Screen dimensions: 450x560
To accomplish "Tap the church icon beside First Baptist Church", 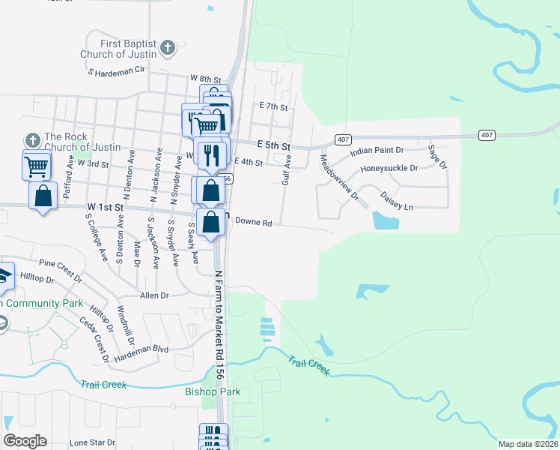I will [168, 49].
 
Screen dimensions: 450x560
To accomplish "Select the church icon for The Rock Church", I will [32, 140].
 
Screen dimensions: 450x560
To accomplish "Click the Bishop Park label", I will [213, 391].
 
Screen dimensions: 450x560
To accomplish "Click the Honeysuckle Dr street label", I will [389, 168].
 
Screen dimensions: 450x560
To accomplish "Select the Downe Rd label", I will [253, 222].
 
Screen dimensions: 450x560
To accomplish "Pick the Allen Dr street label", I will [153, 295].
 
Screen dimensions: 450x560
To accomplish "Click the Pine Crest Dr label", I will [59, 264].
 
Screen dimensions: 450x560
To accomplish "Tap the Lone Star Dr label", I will [92, 443].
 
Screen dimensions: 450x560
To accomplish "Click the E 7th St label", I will [273, 107].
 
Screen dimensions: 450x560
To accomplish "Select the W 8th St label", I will [206, 79].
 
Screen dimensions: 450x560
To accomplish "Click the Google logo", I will [25, 441].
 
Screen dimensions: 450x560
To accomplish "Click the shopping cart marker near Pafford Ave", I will [37, 166].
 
